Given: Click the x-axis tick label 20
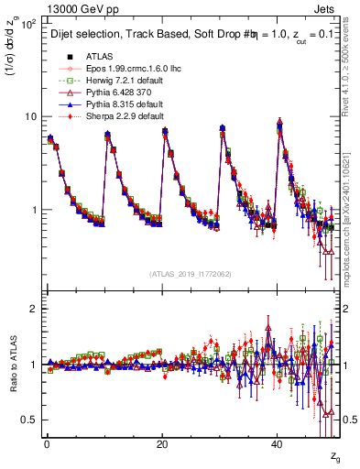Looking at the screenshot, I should (162, 442).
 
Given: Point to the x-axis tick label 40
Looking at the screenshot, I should (278, 442).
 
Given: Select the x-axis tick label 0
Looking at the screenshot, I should (47, 442).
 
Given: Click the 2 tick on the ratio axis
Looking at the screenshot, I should (33, 309).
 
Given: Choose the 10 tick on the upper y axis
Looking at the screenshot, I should (29, 117).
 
